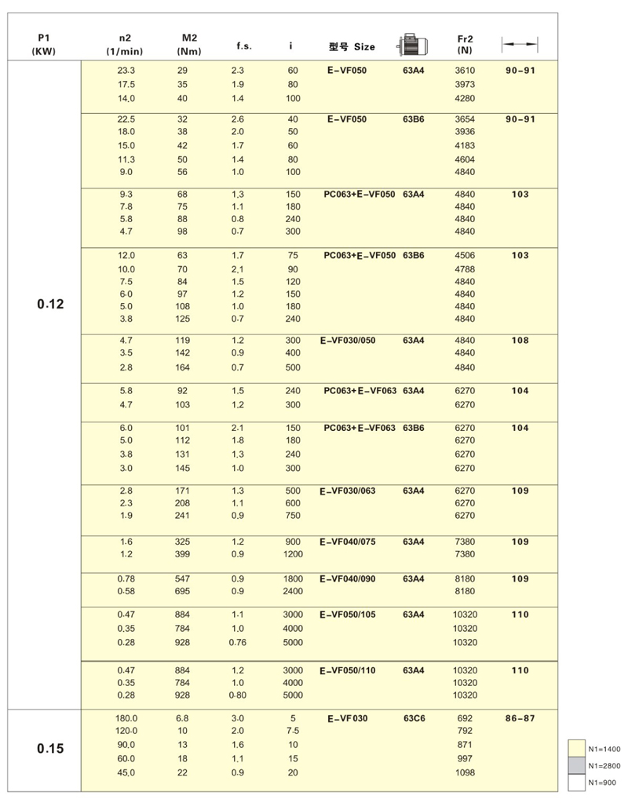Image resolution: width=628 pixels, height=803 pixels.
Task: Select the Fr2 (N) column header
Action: pyautogui.click(x=465, y=44)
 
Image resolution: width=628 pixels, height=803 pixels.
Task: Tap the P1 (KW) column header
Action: pyautogui.click(x=44, y=44)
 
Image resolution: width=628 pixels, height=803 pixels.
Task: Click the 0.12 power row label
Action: pyautogui.click(x=50, y=303)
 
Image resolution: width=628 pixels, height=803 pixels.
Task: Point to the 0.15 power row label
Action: pyautogui.click(x=50, y=748)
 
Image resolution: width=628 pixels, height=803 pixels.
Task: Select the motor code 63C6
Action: pyautogui.click(x=414, y=717)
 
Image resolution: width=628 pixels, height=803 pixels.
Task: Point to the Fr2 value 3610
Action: pyautogui.click(x=465, y=71)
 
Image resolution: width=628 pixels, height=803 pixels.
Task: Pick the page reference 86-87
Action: pyautogui.click(x=520, y=717)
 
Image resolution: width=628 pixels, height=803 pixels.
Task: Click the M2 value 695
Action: pyautogui.click(x=182, y=590)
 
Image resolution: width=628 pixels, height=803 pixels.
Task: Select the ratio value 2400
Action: pyautogui.click(x=293, y=590)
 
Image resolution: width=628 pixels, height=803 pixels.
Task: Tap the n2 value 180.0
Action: pyautogui.click(x=126, y=717)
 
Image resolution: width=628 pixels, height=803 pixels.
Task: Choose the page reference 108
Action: pyautogui.click(x=520, y=341)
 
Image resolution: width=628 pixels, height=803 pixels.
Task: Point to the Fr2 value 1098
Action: pyautogui.click(x=465, y=772)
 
